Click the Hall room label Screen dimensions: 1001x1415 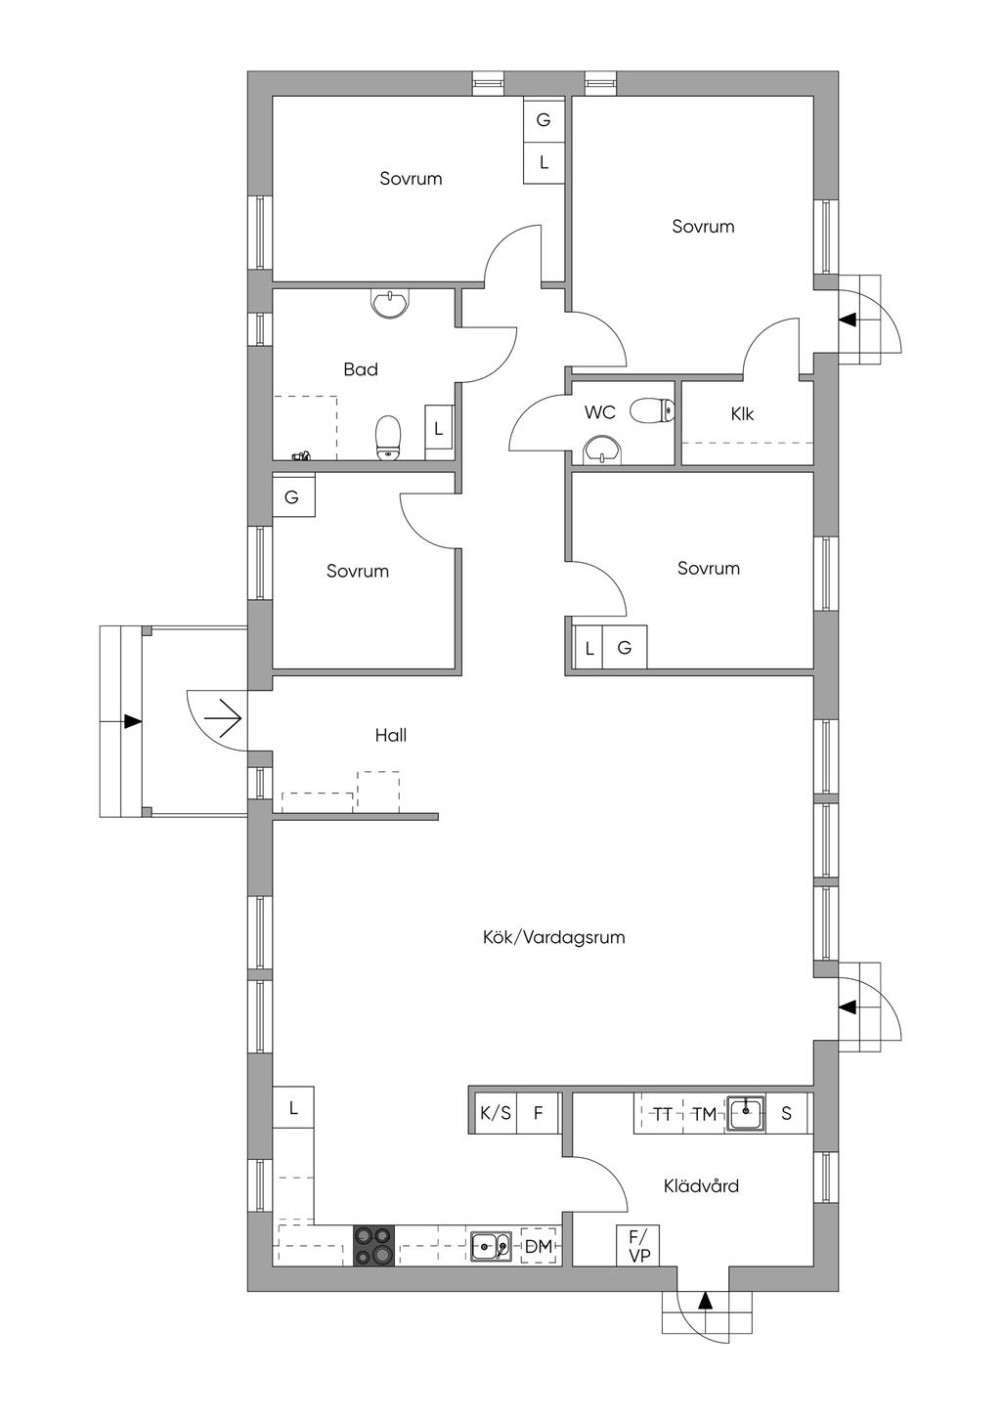[x=391, y=735]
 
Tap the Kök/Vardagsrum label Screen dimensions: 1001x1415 [x=553, y=937]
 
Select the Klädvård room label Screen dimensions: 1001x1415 [x=701, y=1185]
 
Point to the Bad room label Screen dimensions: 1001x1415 [x=361, y=369]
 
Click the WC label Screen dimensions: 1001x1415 [x=599, y=412]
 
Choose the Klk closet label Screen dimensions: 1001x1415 [x=742, y=414]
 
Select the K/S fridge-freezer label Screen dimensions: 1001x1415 [x=496, y=1112]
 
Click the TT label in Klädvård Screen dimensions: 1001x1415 [x=662, y=1114]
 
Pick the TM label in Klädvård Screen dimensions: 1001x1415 [x=704, y=1114]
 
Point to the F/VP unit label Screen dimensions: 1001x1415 [x=639, y=1245]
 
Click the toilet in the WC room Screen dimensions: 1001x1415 [x=653, y=410]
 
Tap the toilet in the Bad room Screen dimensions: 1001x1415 [x=388, y=437]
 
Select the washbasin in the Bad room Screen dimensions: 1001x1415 [x=391, y=303]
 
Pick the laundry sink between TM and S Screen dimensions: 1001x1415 [x=746, y=1112]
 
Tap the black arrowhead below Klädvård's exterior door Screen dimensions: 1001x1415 [x=705, y=1312]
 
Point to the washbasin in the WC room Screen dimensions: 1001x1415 [x=602, y=450]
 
